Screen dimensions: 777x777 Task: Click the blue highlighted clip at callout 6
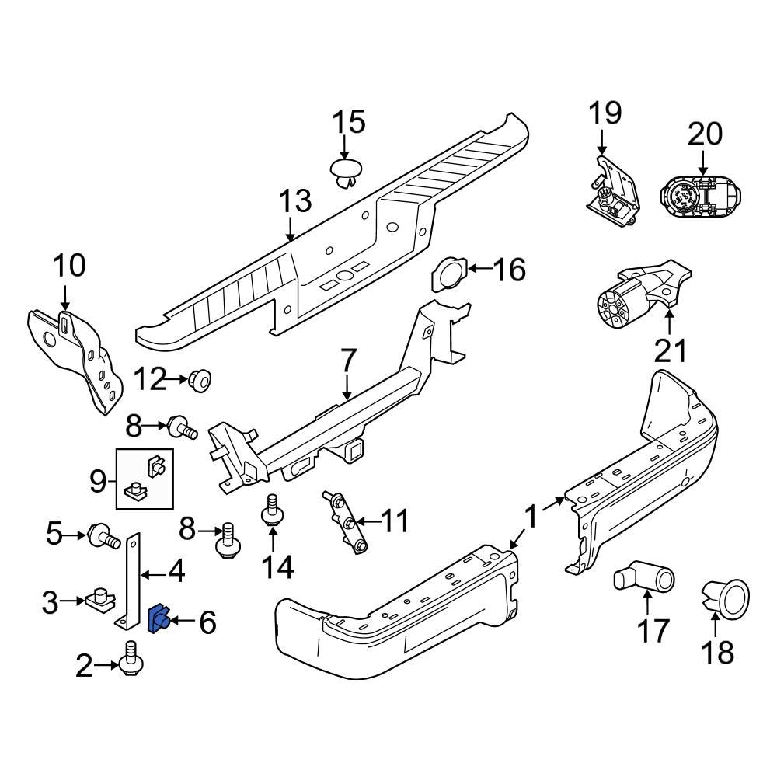(x=159, y=619)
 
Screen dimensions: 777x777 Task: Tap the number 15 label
(x=349, y=124)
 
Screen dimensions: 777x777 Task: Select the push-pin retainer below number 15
(x=347, y=173)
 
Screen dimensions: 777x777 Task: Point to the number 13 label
(x=295, y=202)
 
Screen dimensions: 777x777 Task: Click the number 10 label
(x=69, y=267)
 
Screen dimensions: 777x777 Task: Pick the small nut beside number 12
(x=200, y=381)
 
